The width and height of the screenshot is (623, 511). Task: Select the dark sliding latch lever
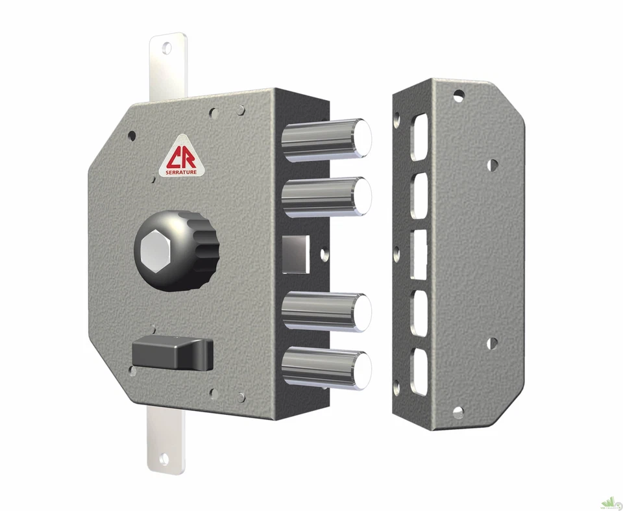click(173, 354)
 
